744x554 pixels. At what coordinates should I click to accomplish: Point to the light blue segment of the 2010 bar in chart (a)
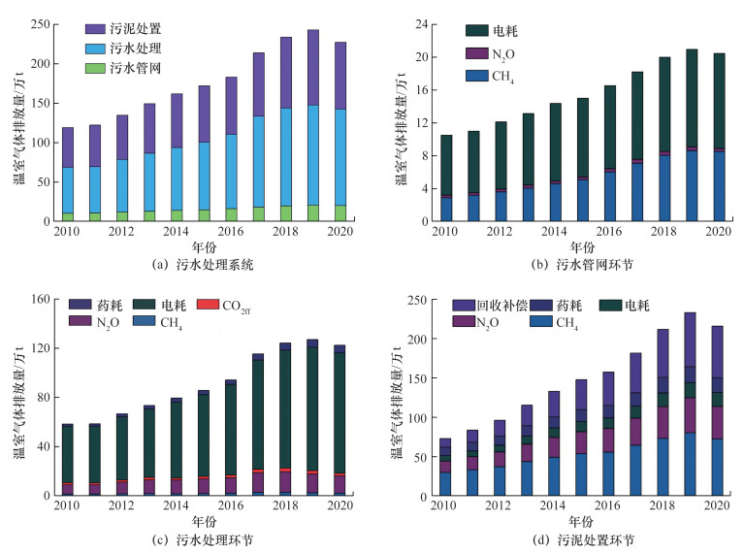click(67, 190)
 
